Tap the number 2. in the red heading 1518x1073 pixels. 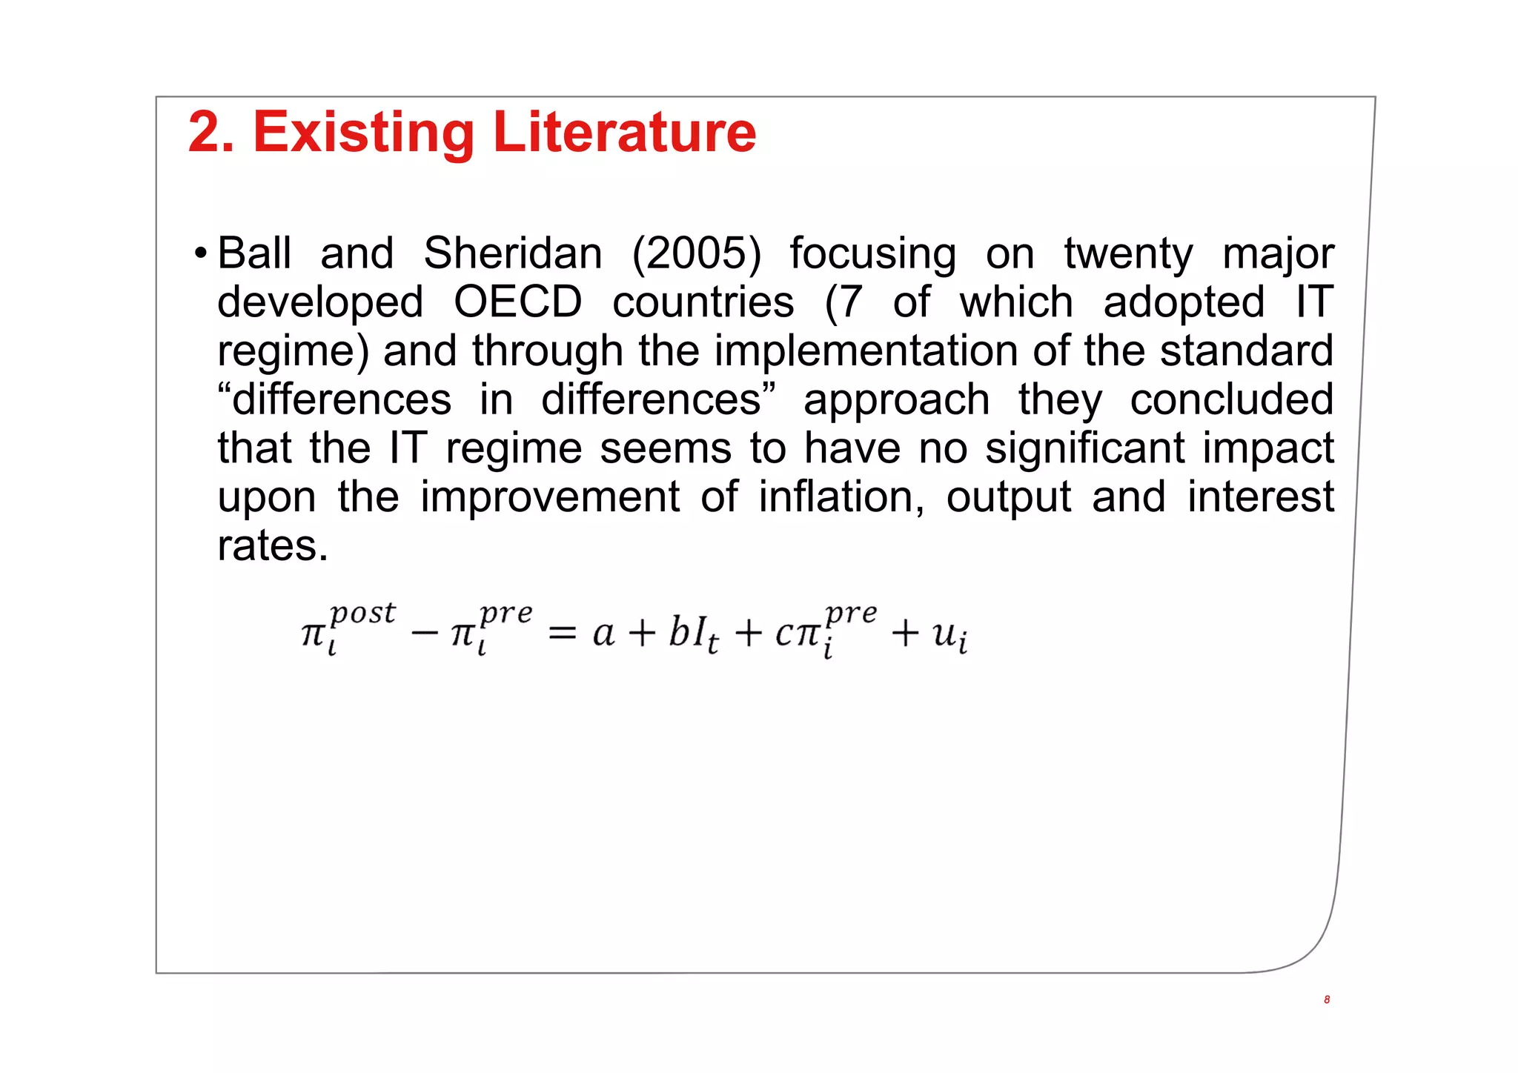(x=211, y=133)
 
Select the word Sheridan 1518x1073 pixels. (x=512, y=254)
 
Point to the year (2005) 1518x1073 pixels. (x=696, y=254)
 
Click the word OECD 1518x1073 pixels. (x=518, y=302)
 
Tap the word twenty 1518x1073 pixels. (x=1128, y=254)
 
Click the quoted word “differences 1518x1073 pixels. (x=334, y=400)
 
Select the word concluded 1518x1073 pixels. (x=1231, y=400)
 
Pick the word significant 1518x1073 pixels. (x=1085, y=448)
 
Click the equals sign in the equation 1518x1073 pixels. (x=562, y=634)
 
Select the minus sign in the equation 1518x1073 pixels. (x=424, y=634)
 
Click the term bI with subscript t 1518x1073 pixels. (x=692, y=634)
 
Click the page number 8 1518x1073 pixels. (x=1326, y=1000)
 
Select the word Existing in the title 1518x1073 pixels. (x=363, y=133)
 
